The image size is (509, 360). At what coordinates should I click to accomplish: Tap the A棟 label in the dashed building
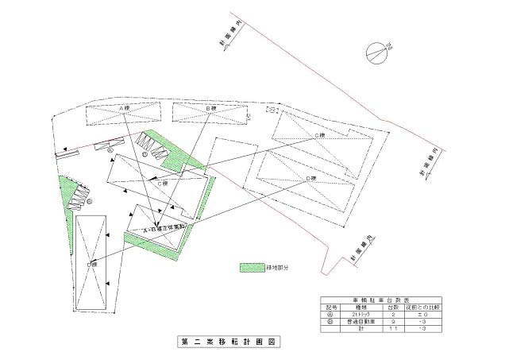pyautogui.click(x=124, y=107)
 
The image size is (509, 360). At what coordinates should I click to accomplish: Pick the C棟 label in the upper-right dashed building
pyautogui.click(x=320, y=135)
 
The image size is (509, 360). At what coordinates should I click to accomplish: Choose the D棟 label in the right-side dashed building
pyautogui.click(x=311, y=178)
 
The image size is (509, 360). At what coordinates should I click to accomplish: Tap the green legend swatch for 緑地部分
pyautogui.click(x=251, y=269)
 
